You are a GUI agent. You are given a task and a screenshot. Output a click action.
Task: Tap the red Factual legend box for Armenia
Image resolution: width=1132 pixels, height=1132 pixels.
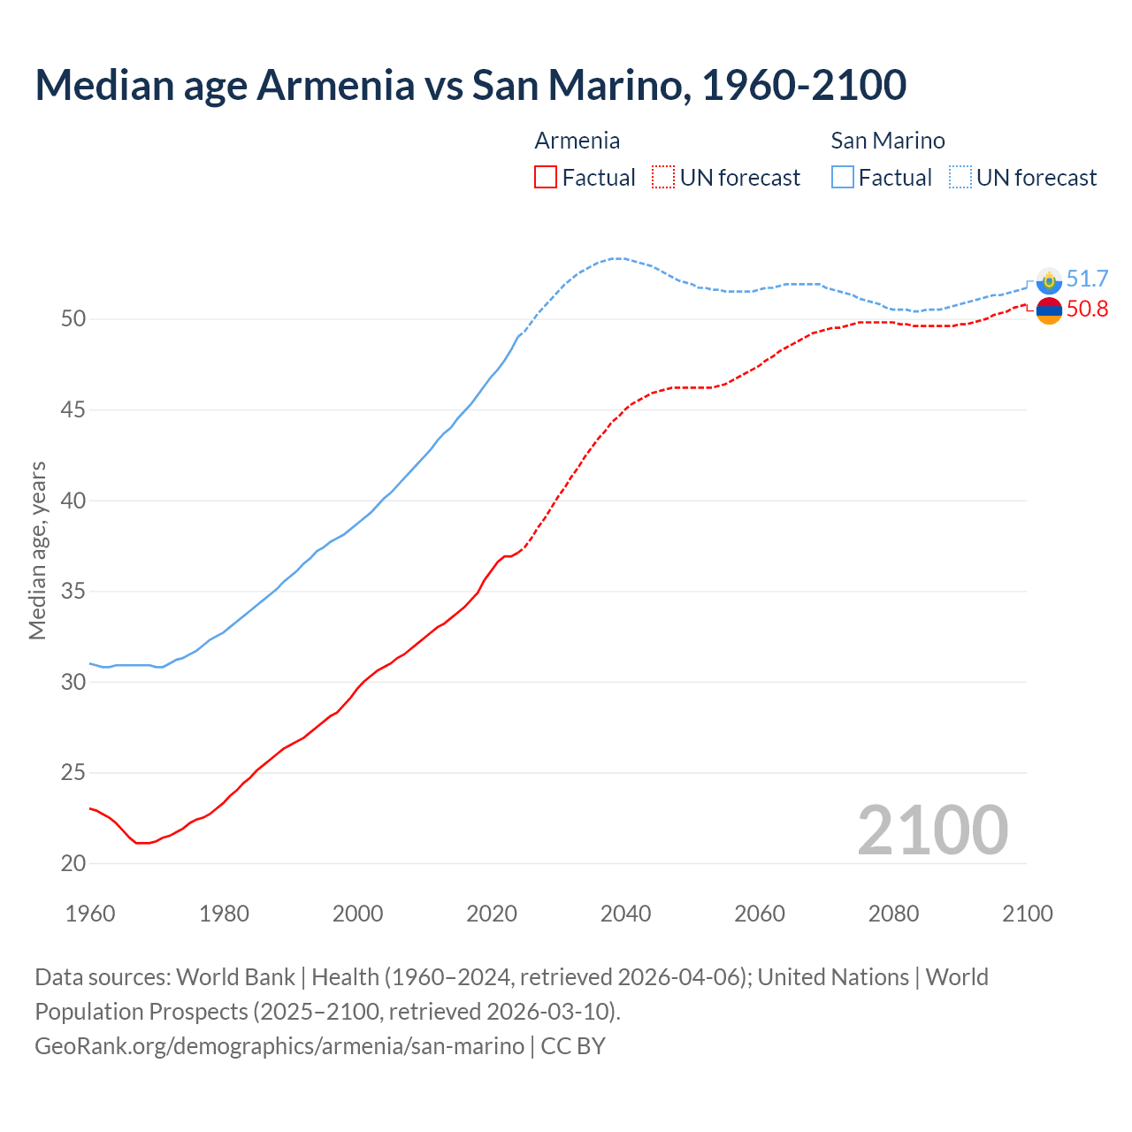[x=546, y=177]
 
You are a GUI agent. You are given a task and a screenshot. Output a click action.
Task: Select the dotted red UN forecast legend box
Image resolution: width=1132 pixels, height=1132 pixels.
[x=663, y=177]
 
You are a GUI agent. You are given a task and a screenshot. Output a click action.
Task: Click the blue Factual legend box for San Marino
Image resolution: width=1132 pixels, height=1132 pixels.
[x=843, y=177]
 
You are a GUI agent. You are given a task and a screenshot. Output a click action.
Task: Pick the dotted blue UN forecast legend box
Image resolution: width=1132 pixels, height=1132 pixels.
[x=960, y=177]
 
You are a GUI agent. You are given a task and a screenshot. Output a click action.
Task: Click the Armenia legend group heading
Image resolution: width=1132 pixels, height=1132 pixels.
[x=577, y=141]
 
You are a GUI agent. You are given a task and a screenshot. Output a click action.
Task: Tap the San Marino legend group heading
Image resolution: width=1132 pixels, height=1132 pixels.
[x=887, y=141]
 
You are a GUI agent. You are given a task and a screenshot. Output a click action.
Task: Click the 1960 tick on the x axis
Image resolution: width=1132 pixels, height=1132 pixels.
[x=90, y=914]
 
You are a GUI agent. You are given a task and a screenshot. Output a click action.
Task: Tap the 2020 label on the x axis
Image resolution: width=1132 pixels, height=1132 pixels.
[x=492, y=914]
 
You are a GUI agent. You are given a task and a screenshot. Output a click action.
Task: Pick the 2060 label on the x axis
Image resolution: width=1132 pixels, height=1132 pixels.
[x=760, y=914]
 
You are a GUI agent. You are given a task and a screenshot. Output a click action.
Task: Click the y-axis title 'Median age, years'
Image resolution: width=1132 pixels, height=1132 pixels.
[x=37, y=550]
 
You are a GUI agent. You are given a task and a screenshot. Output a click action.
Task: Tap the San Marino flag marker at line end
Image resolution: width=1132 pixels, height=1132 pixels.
[x=1049, y=280]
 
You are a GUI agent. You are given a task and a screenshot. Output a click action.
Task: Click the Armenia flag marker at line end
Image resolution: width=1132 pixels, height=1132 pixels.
[x=1049, y=310]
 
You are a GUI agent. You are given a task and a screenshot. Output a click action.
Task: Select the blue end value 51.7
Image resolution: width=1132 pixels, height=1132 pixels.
[x=1087, y=279]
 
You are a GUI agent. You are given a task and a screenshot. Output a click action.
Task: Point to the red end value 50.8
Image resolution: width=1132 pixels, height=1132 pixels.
[x=1087, y=309]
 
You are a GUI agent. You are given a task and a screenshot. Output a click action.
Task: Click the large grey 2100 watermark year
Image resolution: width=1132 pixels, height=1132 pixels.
[x=932, y=830]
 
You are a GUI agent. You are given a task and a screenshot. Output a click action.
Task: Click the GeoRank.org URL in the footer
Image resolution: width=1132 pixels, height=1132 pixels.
[x=279, y=1045]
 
